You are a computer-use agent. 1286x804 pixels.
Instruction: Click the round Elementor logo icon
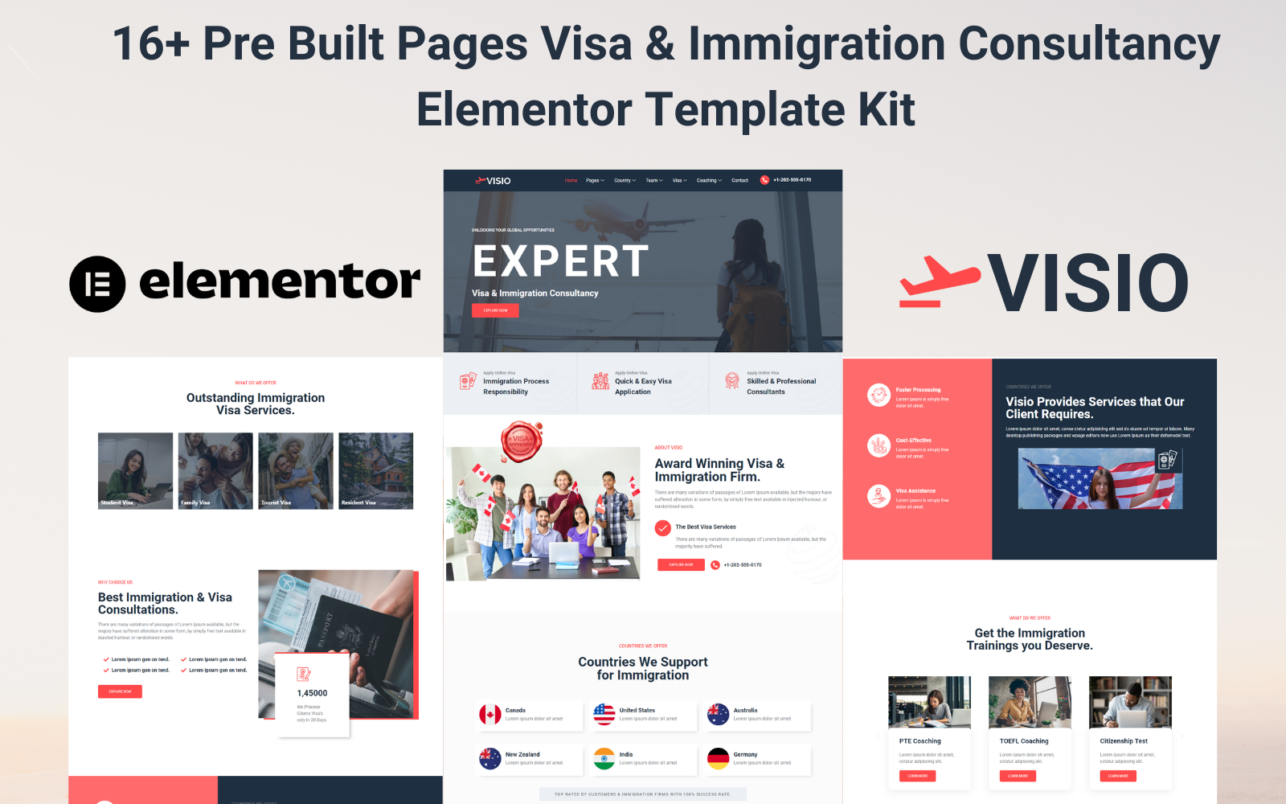97,284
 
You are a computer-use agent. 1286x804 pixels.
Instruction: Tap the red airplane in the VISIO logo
939,283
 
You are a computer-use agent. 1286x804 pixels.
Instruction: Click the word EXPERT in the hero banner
560,261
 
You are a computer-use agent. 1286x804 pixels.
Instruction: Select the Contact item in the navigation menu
739,181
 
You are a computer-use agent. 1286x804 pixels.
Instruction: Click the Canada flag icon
490,714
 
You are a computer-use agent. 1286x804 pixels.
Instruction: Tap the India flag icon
604,758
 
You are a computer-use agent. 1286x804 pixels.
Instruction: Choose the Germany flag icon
719,758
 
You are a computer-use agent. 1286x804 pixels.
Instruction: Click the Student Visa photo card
135,470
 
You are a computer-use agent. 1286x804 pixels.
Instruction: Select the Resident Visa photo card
375,470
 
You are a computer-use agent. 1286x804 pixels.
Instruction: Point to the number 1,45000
312,693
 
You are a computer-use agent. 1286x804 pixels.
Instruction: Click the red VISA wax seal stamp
521,441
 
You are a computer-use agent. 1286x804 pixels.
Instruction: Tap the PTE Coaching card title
919,741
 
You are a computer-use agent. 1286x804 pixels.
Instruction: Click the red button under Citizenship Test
1118,776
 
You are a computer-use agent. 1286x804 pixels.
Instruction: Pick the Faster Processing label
918,390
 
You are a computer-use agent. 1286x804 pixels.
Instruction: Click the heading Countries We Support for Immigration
643,668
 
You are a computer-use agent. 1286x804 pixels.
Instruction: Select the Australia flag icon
719,714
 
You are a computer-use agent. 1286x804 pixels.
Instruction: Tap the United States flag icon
604,714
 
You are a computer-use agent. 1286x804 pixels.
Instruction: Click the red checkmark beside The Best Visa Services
663,528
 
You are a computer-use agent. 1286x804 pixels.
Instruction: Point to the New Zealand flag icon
490,758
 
